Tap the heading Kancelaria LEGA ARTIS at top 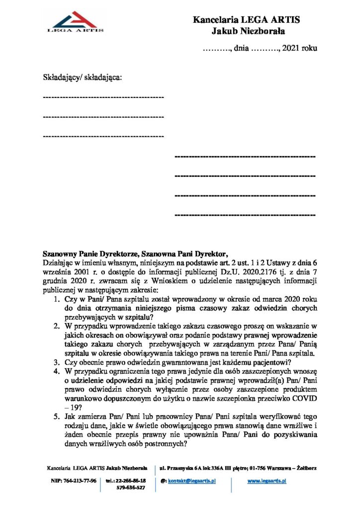(x=247, y=20)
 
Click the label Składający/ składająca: (x=83, y=78)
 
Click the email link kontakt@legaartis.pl (x=191, y=481)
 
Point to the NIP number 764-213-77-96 (x=73, y=481)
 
